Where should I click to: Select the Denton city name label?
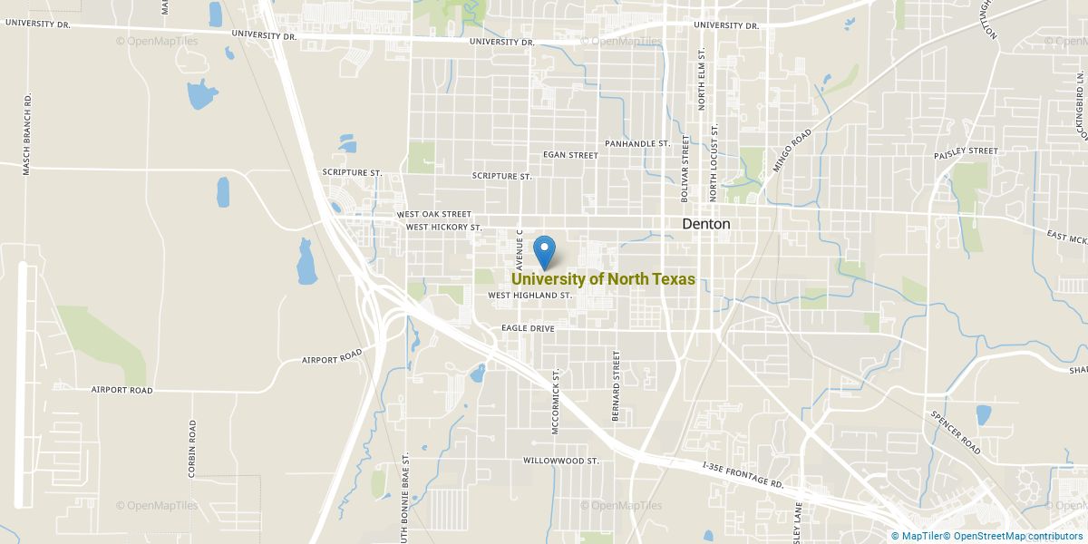tap(706, 224)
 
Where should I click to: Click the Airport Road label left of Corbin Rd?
tap(121, 390)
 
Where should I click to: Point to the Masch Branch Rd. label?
tap(27, 133)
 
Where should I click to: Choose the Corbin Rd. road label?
tap(192, 448)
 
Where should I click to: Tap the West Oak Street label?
tap(433, 215)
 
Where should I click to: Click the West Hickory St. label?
tap(442, 227)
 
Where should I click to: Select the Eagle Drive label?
tap(527, 327)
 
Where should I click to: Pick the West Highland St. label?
tap(529, 296)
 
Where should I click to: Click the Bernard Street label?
tap(616, 381)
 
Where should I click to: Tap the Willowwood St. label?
tap(561, 461)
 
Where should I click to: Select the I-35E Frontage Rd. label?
tap(743, 475)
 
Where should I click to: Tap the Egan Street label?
tap(570, 155)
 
